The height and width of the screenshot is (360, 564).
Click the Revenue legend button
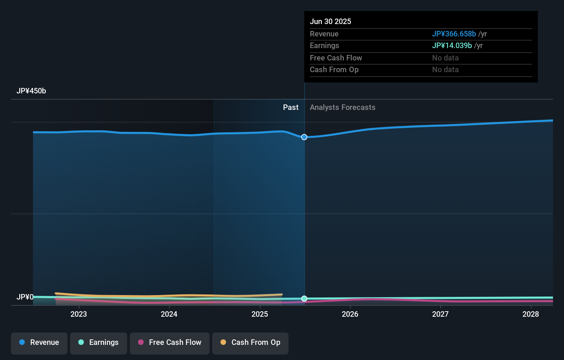[39, 342]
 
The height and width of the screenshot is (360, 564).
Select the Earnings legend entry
[99, 342]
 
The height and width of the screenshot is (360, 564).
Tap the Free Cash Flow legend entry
[170, 342]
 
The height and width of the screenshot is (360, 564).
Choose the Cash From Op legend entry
[250, 342]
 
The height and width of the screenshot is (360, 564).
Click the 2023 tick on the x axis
[79, 314]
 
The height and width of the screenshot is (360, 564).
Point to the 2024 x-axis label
[169, 314]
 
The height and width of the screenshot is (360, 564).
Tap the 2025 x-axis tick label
[260, 314]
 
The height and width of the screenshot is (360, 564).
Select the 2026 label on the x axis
[350, 314]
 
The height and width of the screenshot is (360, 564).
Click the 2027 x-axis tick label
[440, 314]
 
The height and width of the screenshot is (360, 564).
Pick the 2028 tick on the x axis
[531, 314]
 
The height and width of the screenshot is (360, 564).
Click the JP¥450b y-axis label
[31, 91]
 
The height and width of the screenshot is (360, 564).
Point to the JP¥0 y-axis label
[25, 297]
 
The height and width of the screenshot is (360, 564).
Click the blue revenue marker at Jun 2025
[304, 137]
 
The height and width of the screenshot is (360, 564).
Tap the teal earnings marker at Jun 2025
[304, 299]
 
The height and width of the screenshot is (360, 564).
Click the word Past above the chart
[291, 108]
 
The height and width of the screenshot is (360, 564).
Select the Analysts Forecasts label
[342, 108]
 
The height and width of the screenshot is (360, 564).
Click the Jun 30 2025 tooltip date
[330, 21]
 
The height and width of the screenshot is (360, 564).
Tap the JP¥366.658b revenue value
[454, 34]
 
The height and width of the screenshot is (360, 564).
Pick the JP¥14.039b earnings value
[452, 45]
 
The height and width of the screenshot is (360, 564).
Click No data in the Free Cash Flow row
[445, 58]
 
